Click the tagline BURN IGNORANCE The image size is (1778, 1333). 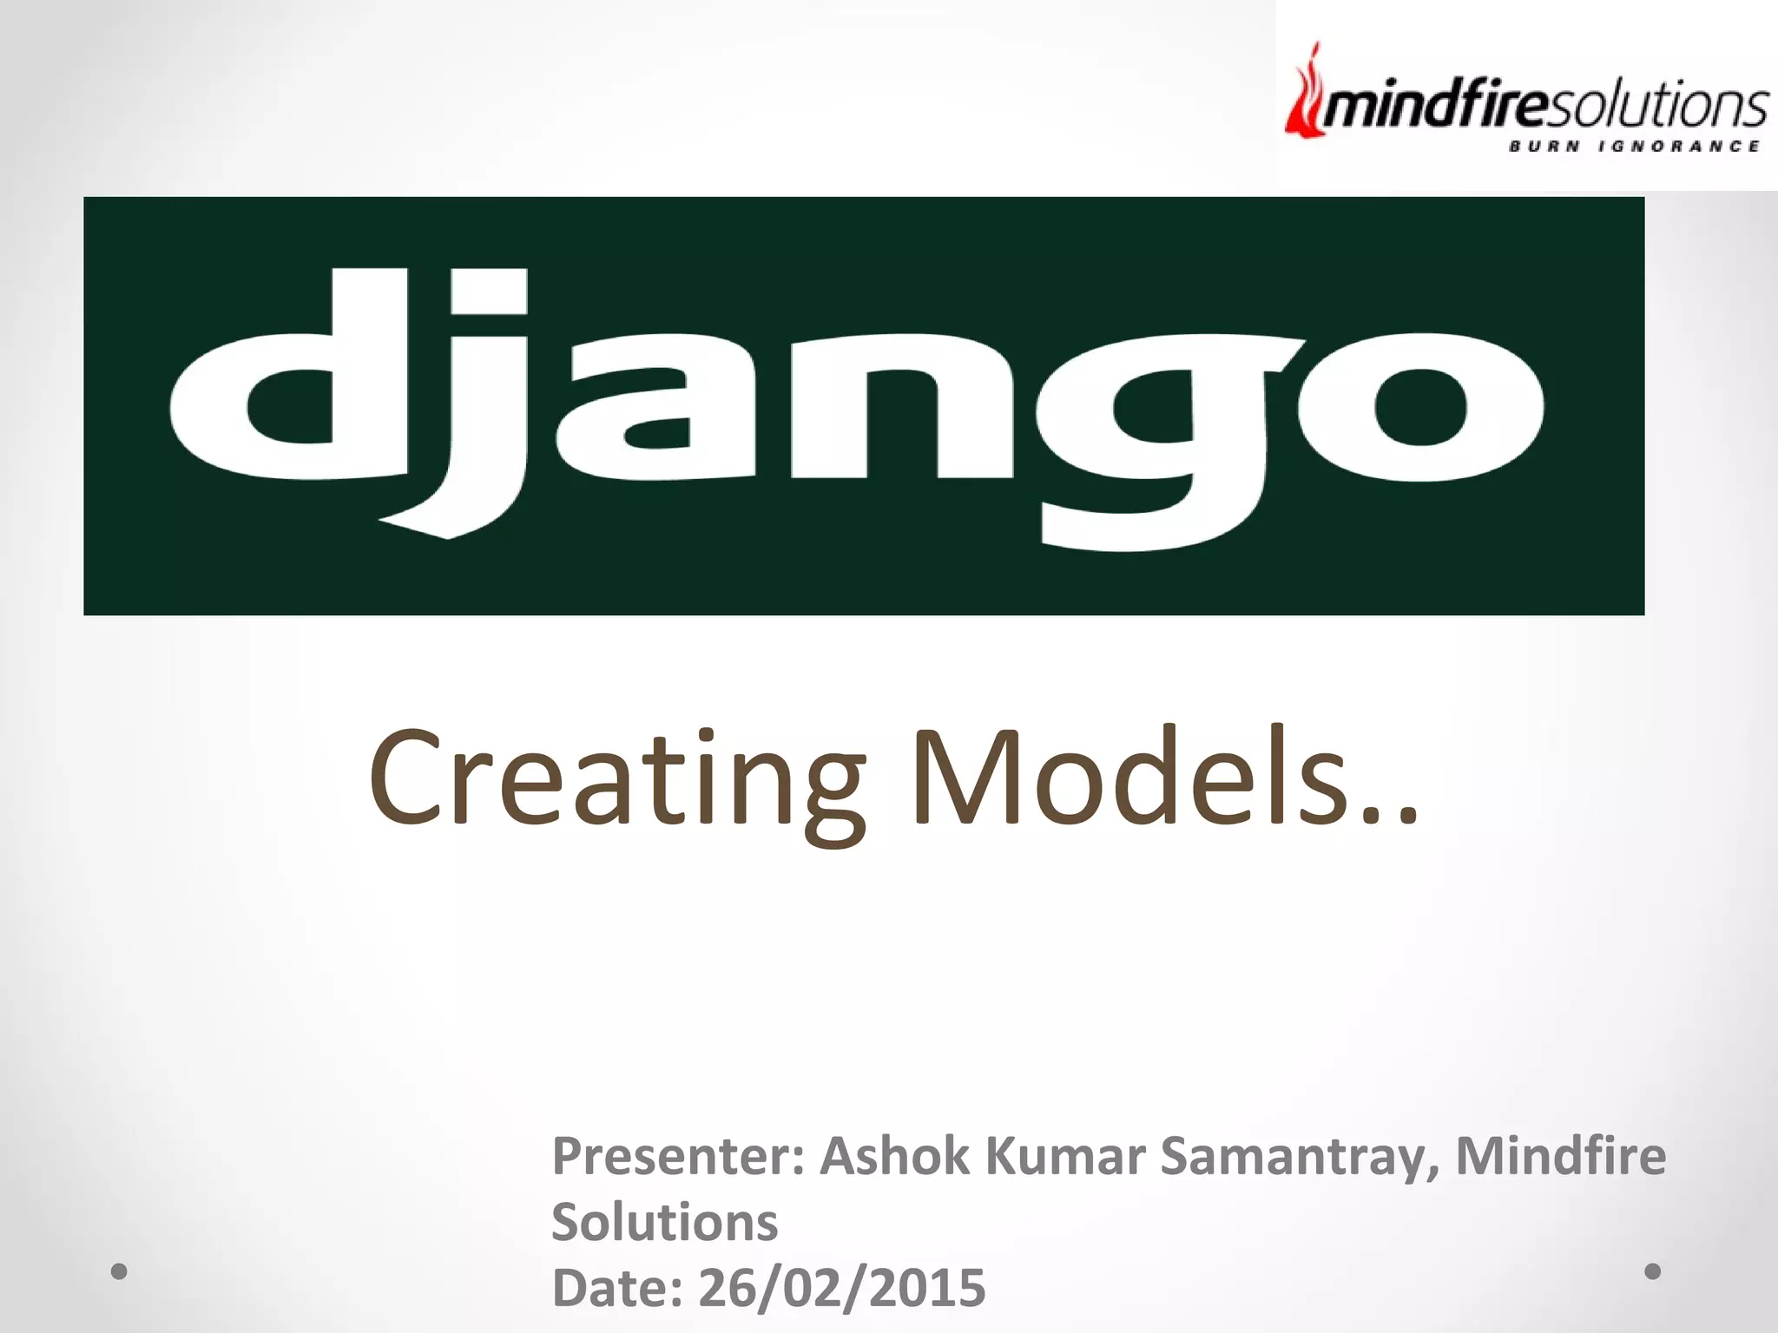1633,146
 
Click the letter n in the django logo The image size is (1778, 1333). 903,408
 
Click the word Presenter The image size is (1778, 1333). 678,1157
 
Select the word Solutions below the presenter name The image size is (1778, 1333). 664,1222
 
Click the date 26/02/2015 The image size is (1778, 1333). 841,1287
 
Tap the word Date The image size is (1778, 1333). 616,1287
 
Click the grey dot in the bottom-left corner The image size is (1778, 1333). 120,1271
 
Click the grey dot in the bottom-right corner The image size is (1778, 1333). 1653,1271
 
